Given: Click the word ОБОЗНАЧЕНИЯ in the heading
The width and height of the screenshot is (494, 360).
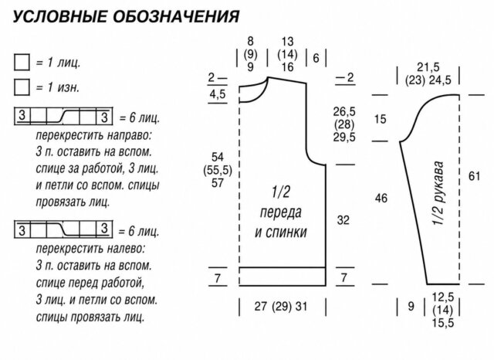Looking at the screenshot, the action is coord(176,16).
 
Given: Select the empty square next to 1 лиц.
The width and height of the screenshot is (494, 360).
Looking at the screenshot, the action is coord(22,62).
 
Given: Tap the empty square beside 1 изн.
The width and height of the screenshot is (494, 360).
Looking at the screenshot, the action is coord(22,87).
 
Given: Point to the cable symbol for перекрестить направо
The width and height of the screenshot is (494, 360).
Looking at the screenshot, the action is coord(63,116).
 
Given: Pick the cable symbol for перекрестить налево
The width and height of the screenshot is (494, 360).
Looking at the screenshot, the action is coord(63,229).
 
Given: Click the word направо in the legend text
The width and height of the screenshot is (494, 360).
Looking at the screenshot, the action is coord(129,135).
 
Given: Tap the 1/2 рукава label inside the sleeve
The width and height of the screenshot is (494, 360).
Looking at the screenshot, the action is coord(438,193).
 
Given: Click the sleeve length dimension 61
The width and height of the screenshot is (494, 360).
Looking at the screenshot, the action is coord(474,176).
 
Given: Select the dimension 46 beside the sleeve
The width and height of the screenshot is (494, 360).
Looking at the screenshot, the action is coord(381,199).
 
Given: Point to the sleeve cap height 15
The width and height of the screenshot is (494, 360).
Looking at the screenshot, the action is coord(381,119).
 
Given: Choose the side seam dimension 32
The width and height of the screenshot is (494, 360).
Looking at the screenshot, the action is coord(343,220).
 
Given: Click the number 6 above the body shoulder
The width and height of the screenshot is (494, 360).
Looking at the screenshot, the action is coord(316,58).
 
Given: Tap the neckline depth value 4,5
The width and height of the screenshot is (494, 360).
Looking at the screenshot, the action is coord(218,94).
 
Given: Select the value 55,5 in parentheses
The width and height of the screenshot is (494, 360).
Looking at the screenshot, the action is coord(218,171).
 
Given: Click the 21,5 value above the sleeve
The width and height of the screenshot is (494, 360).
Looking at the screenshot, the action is coord(428,67).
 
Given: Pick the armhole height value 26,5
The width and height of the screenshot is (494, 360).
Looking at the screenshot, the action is coord(344,111).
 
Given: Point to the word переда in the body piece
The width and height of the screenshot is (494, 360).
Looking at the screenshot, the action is coord(280,212).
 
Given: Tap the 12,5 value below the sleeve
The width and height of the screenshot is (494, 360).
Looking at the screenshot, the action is coord(443,297).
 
